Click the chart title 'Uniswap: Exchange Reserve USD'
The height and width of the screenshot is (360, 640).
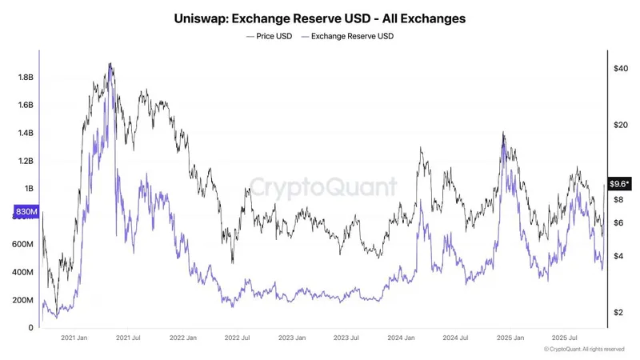[320, 17]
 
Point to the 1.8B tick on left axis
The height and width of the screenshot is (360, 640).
[25, 78]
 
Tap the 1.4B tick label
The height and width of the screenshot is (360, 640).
[25, 133]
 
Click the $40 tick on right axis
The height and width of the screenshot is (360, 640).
[620, 69]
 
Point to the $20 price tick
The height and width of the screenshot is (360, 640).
[620, 125]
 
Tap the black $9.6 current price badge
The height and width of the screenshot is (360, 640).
[618, 183]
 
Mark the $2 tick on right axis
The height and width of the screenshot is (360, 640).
[618, 313]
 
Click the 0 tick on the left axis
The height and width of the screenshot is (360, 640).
[32, 328]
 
